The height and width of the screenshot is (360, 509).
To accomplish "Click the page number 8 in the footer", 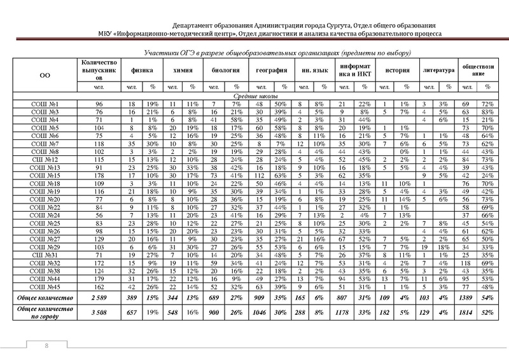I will coord(46,345).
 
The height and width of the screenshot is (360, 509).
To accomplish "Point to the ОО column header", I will coord(45,74).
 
